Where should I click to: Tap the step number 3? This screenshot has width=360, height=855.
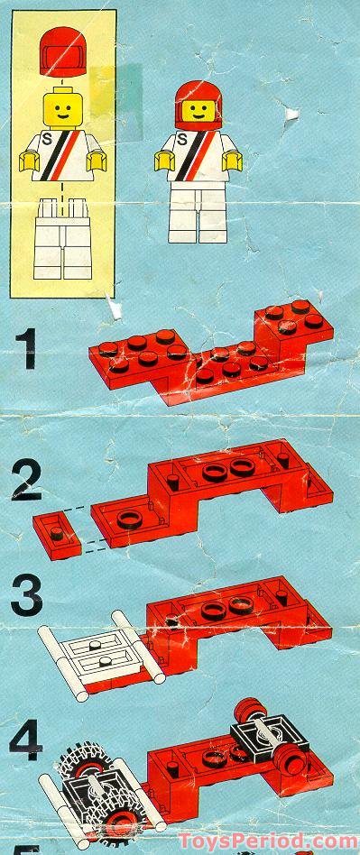click(26, 598)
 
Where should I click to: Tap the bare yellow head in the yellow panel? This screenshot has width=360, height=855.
click(63, 108)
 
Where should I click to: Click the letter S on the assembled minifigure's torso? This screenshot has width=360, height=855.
click(182, 140)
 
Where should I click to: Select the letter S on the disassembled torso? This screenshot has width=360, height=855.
click(47, 140)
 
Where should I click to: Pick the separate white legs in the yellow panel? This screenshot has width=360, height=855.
click(63, 239)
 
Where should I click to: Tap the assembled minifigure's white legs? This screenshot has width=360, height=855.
click(198, 212)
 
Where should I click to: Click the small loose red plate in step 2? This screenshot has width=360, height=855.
click(56, 536)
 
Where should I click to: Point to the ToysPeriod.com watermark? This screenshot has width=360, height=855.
click(267, 841)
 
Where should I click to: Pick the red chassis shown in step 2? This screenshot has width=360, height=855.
click(212, 492)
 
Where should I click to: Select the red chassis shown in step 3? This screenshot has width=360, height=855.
click(235, 621)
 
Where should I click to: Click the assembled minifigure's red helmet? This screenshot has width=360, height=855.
click(198, 105)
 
